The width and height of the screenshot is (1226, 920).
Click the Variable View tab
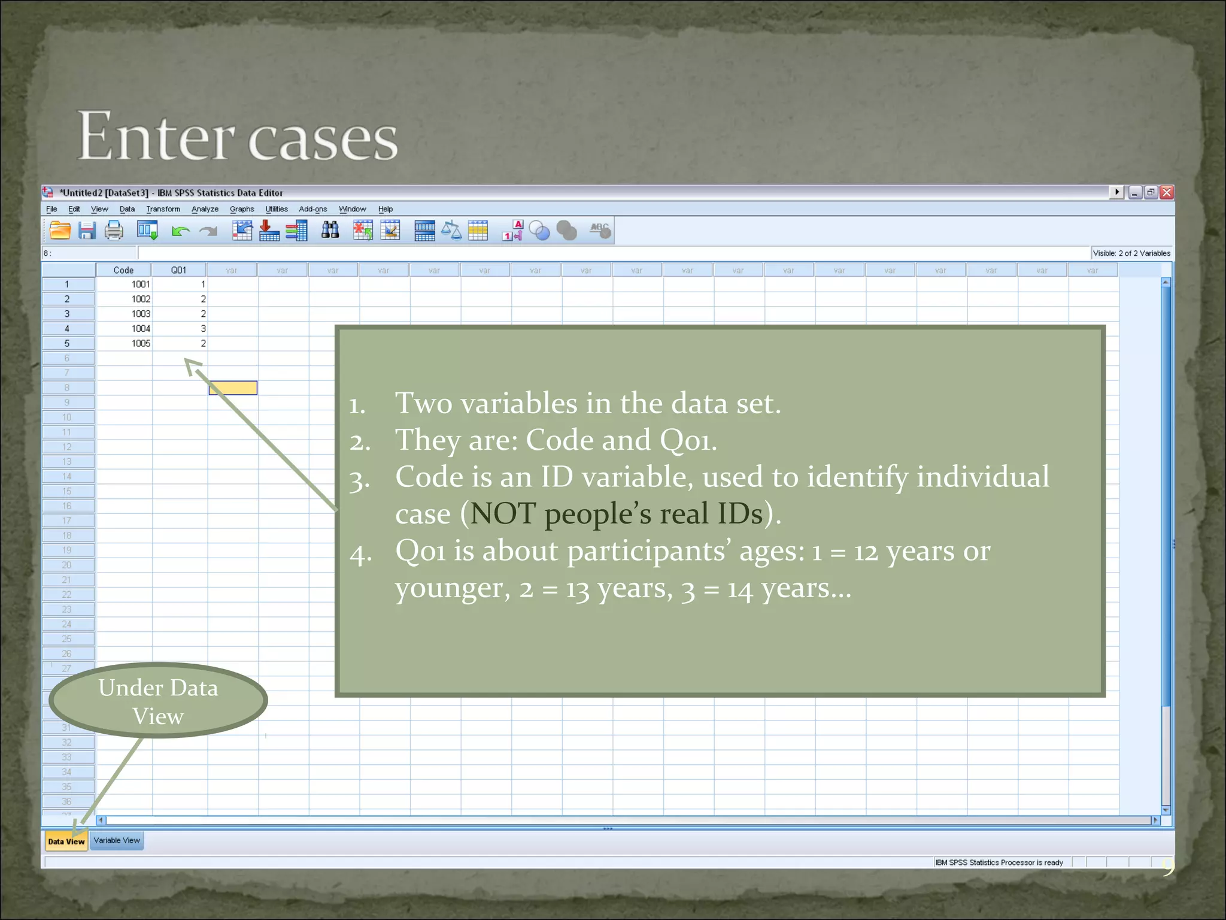coord(117,840)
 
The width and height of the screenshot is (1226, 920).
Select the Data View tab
coord(66,841)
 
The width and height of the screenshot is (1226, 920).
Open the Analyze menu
coord(205,209)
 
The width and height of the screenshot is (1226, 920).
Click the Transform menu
coord(163,209)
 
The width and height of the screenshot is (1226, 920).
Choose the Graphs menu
coord(242,209)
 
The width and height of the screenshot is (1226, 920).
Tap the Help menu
coord(385,209)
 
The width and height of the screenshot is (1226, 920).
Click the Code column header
coord(123,270)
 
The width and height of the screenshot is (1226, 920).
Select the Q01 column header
coord(178,270)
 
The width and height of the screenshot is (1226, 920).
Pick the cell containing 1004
coord(141,328)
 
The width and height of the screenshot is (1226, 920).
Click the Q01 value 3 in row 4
coord(203,328)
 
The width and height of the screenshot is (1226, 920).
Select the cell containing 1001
coord(141,284)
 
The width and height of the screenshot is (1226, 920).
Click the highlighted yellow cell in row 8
coord(233,388)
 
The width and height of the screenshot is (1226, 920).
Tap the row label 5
coord(67,343)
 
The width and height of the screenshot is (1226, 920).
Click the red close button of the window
coord(1166,192)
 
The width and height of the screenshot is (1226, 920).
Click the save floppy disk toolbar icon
coord(87,231)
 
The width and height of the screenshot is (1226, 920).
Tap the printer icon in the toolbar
coord(114,231)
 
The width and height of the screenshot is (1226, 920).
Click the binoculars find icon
coord(330,230)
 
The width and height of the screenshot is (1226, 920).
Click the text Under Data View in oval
coord(158,701)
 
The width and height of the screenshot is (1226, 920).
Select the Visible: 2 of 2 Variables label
coord(1131,253)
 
